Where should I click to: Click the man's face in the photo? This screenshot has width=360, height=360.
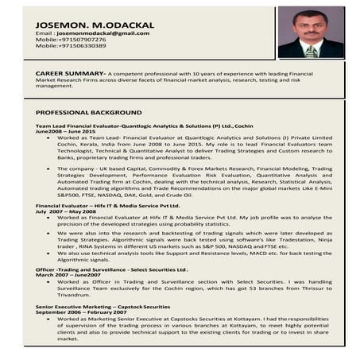tap(310, 22)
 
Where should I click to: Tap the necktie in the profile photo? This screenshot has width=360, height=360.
tap(311, 48)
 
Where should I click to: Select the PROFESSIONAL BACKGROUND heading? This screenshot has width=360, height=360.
tap(88, 113)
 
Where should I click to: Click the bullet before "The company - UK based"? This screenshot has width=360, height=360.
tap(49, 168)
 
